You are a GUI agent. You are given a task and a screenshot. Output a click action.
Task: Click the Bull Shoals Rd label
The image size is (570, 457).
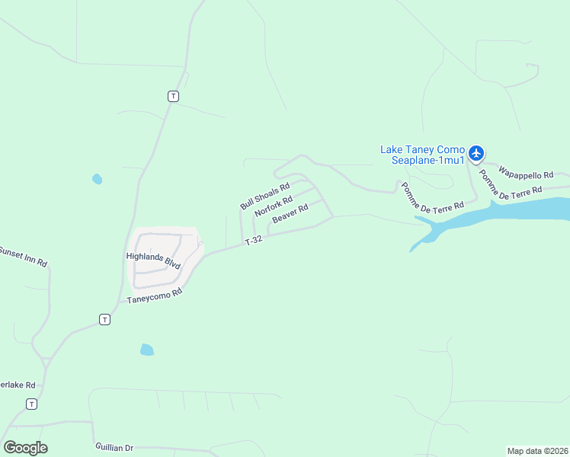[x=264, y=196]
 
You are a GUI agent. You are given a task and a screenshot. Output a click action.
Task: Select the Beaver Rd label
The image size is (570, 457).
[x=290, y=213]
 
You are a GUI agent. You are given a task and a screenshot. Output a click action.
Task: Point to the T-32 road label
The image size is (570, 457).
[x=254, y=241]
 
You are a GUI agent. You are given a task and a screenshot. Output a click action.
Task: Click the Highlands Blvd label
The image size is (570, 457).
[x=152, y=260]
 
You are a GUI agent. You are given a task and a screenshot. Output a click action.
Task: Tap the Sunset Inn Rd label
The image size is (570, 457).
[x=23, y=257]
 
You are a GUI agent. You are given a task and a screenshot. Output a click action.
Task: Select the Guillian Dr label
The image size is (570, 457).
[x=114, y=447]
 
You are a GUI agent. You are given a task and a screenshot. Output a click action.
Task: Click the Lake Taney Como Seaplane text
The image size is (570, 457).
[x=422, y=155]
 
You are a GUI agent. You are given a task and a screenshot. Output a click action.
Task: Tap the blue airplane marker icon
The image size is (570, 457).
[x=476, y=153]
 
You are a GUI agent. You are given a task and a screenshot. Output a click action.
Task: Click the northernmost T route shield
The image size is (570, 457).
[x=174, y=96]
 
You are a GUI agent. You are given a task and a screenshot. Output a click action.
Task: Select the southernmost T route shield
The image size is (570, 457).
[x=31, y=404]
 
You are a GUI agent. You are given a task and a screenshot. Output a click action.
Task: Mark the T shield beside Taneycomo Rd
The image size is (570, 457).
[x=104, y=319]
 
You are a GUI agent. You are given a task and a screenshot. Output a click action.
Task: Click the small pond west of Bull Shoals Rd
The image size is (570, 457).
[x=97, y=179]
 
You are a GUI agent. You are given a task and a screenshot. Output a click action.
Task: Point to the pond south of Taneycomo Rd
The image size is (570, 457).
[x=147, y=350]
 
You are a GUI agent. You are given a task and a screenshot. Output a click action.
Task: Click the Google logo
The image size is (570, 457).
[x=25, y=447]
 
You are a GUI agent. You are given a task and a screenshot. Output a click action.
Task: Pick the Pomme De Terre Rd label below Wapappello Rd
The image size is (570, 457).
[x=511, y=183]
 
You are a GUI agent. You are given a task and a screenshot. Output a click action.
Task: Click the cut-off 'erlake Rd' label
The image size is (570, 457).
[x=18, y=385]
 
